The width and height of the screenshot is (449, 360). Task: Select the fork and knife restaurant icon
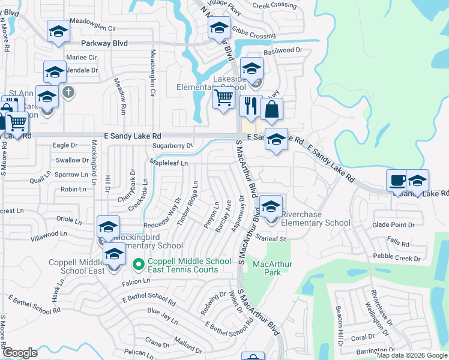coord(250,106)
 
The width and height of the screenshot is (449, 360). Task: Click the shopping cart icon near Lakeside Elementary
coord(223,98)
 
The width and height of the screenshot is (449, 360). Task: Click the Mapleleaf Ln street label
coord(169,163)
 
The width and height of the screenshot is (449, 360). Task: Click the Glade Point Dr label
coord(393,225)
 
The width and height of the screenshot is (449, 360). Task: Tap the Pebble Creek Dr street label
coord(396,258)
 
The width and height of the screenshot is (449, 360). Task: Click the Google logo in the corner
coord(20,353)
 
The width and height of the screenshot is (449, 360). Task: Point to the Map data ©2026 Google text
coord(411,355)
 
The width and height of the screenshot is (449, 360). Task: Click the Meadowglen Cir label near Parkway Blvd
coord(93,28)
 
